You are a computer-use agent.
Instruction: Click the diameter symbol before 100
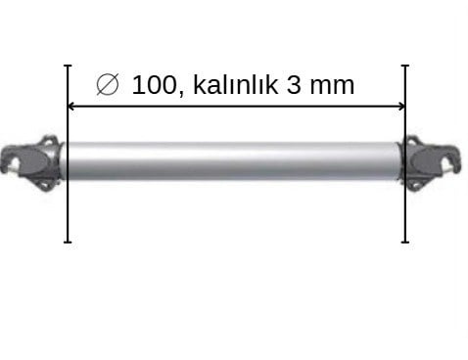108,84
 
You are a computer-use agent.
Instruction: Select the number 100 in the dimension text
154,85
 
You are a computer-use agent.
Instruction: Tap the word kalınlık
235,84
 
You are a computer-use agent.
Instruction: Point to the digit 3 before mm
294,85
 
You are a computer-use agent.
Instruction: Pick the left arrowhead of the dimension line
70,106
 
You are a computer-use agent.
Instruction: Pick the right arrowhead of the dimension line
401,106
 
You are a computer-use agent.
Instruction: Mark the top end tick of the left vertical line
68,66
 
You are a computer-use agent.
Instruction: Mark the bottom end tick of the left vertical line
68,242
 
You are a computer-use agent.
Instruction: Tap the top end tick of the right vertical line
405,66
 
